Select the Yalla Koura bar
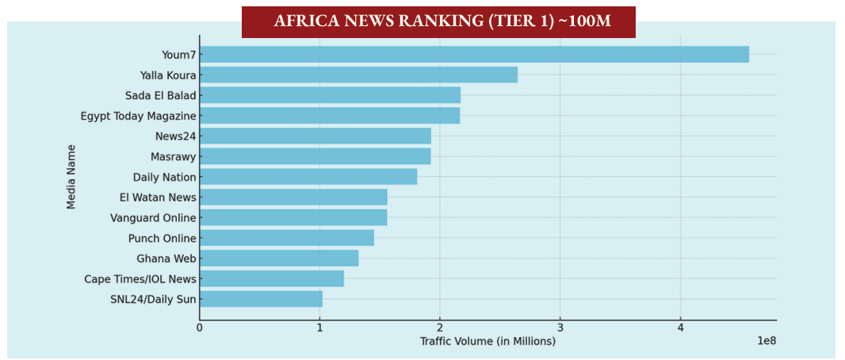[x=358, y=75]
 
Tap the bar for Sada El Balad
[x=330, y=95]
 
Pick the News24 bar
[x=315, y=136]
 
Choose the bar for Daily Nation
[x=308, y=177]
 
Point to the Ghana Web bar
[x=279, y=259]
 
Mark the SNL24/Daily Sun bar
[x=261, y=299]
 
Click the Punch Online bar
[x=287, y=238]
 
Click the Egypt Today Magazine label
[x=138, y=116]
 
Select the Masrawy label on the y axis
[x=173, y=157]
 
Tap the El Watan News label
[x=163, y=197]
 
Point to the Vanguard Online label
[x=153, y=217]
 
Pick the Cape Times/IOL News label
[x=140, y=279]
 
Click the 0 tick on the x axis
[x=200, y=327]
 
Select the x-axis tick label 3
[x=560, y=327]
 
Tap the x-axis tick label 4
[x=680, y=327]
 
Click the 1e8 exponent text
[x=766, y=341]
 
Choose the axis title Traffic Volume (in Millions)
[x=487, y=341]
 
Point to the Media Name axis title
[x=71, y=176]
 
